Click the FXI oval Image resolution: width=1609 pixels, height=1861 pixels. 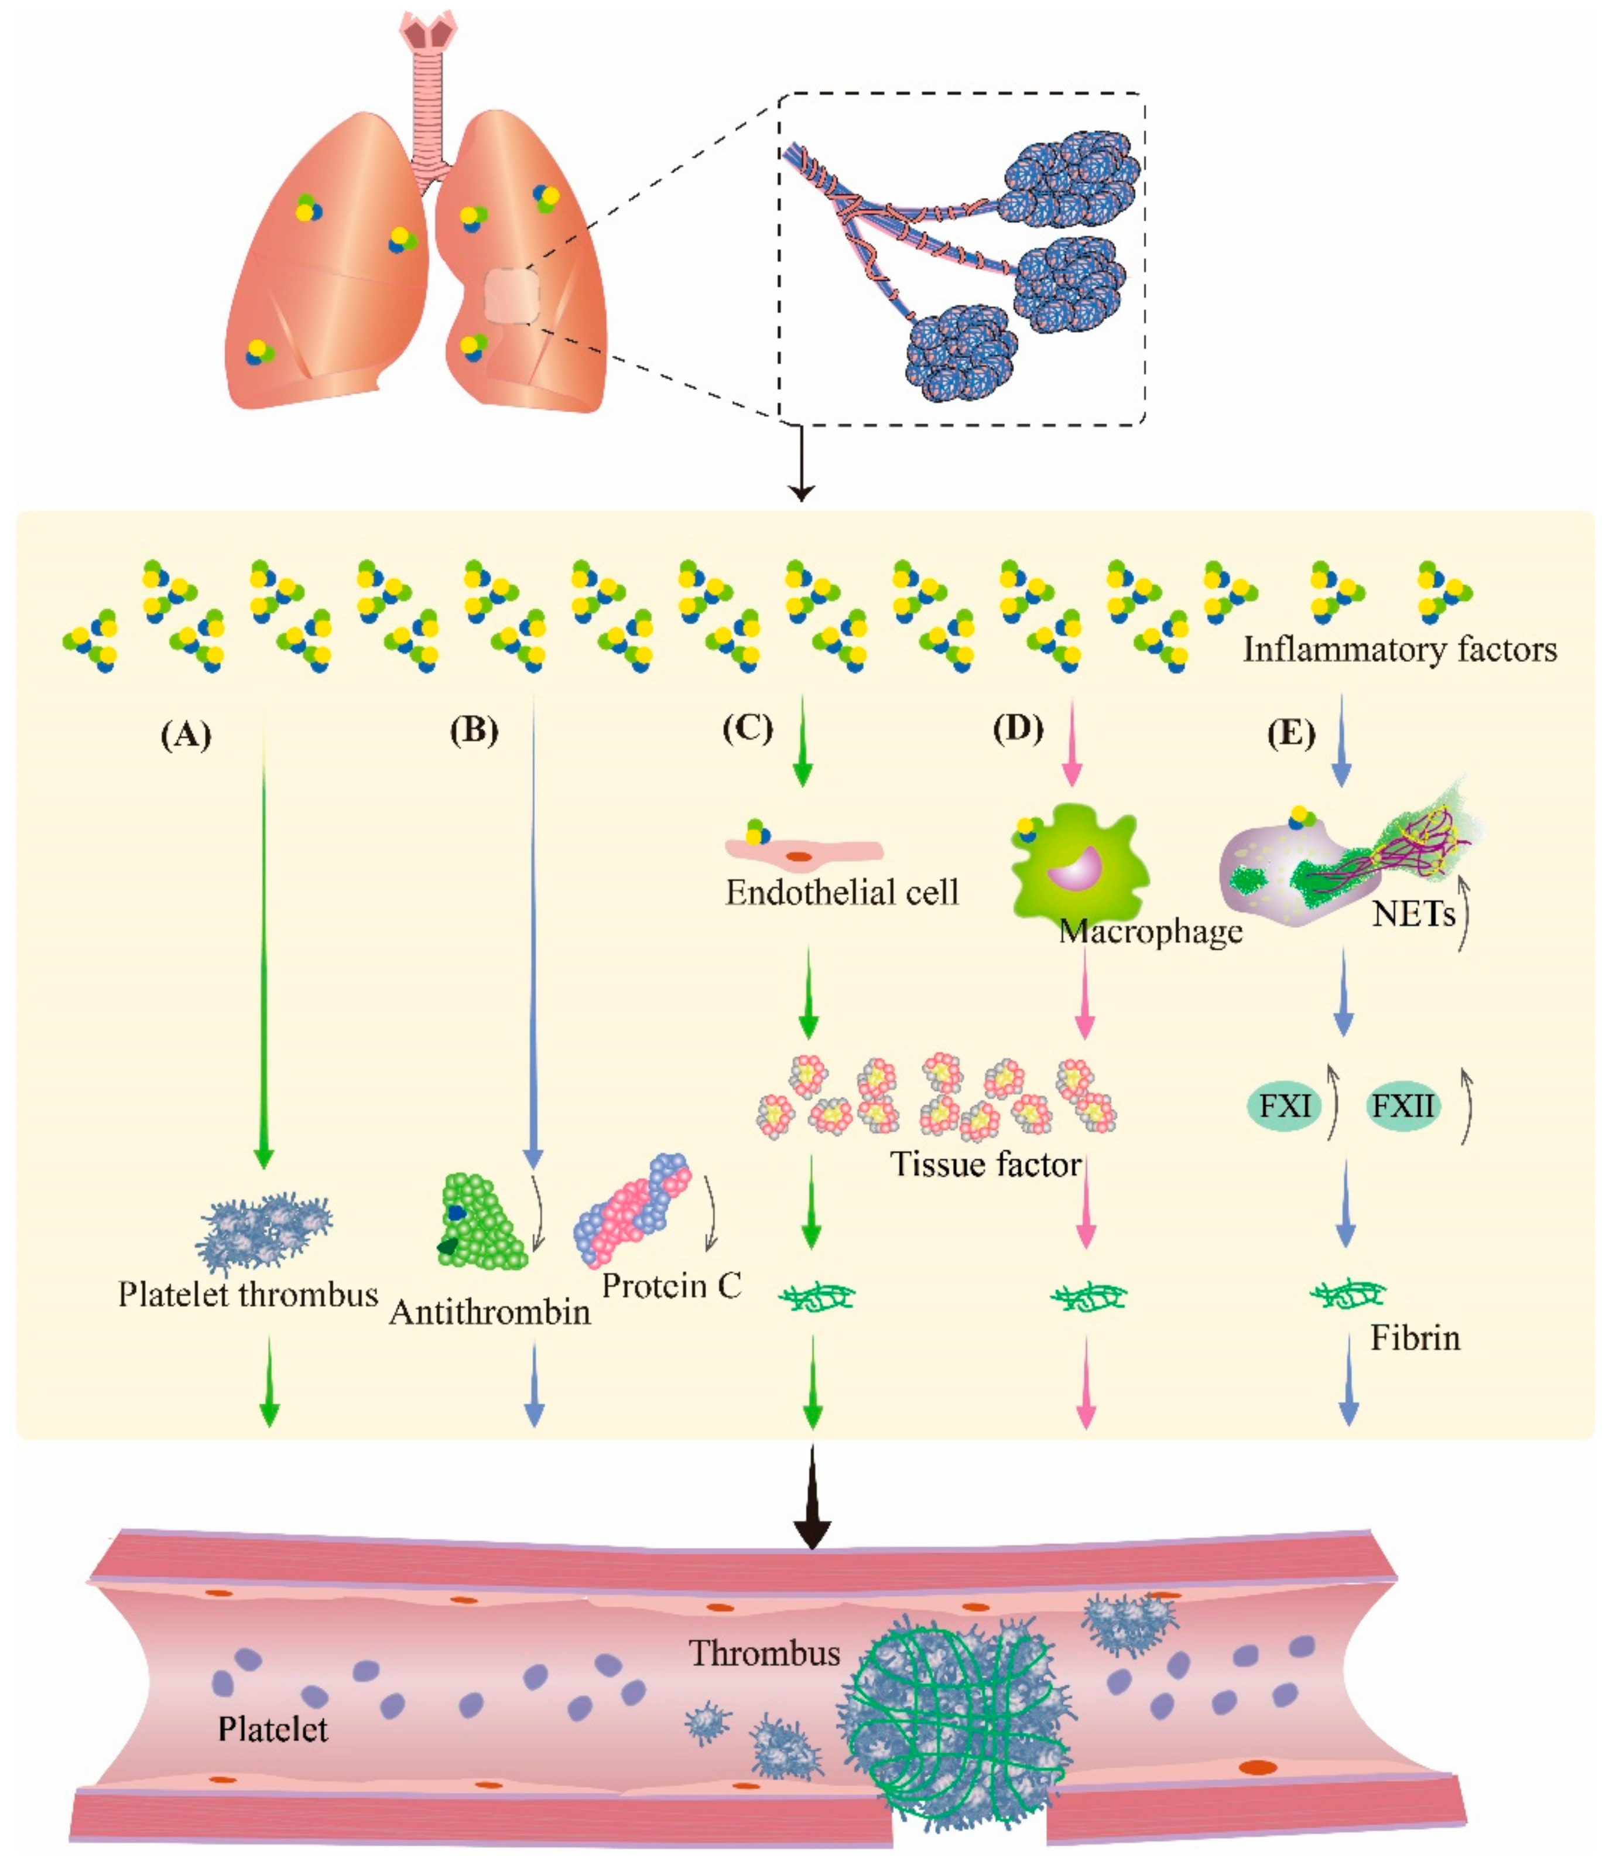1285,1105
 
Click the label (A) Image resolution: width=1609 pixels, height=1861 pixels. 186,735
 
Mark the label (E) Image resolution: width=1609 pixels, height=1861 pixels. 1291,735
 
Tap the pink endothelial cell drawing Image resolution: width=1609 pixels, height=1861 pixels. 803,849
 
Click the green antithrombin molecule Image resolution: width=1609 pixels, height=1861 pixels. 480,1221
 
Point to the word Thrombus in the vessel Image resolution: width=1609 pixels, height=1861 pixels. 764,1652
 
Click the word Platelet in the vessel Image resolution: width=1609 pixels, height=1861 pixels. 273,1729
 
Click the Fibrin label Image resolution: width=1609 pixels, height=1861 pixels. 1415,1338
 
